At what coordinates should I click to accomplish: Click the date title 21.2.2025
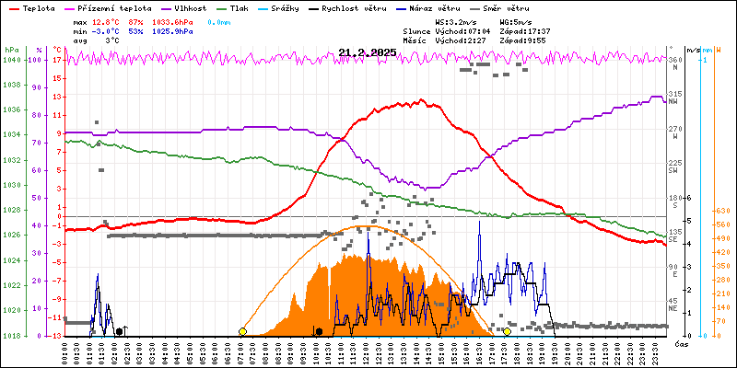point(367,52)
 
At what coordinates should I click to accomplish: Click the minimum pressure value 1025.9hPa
point(172,30)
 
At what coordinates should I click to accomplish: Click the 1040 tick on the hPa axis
point(11,60)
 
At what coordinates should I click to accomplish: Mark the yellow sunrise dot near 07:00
point(242,331)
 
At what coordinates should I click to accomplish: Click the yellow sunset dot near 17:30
point(507,331)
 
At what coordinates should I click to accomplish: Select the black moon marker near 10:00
point(319,331)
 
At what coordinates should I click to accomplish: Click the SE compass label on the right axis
point(673,239)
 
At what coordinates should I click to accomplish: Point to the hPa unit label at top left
point(11,50)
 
